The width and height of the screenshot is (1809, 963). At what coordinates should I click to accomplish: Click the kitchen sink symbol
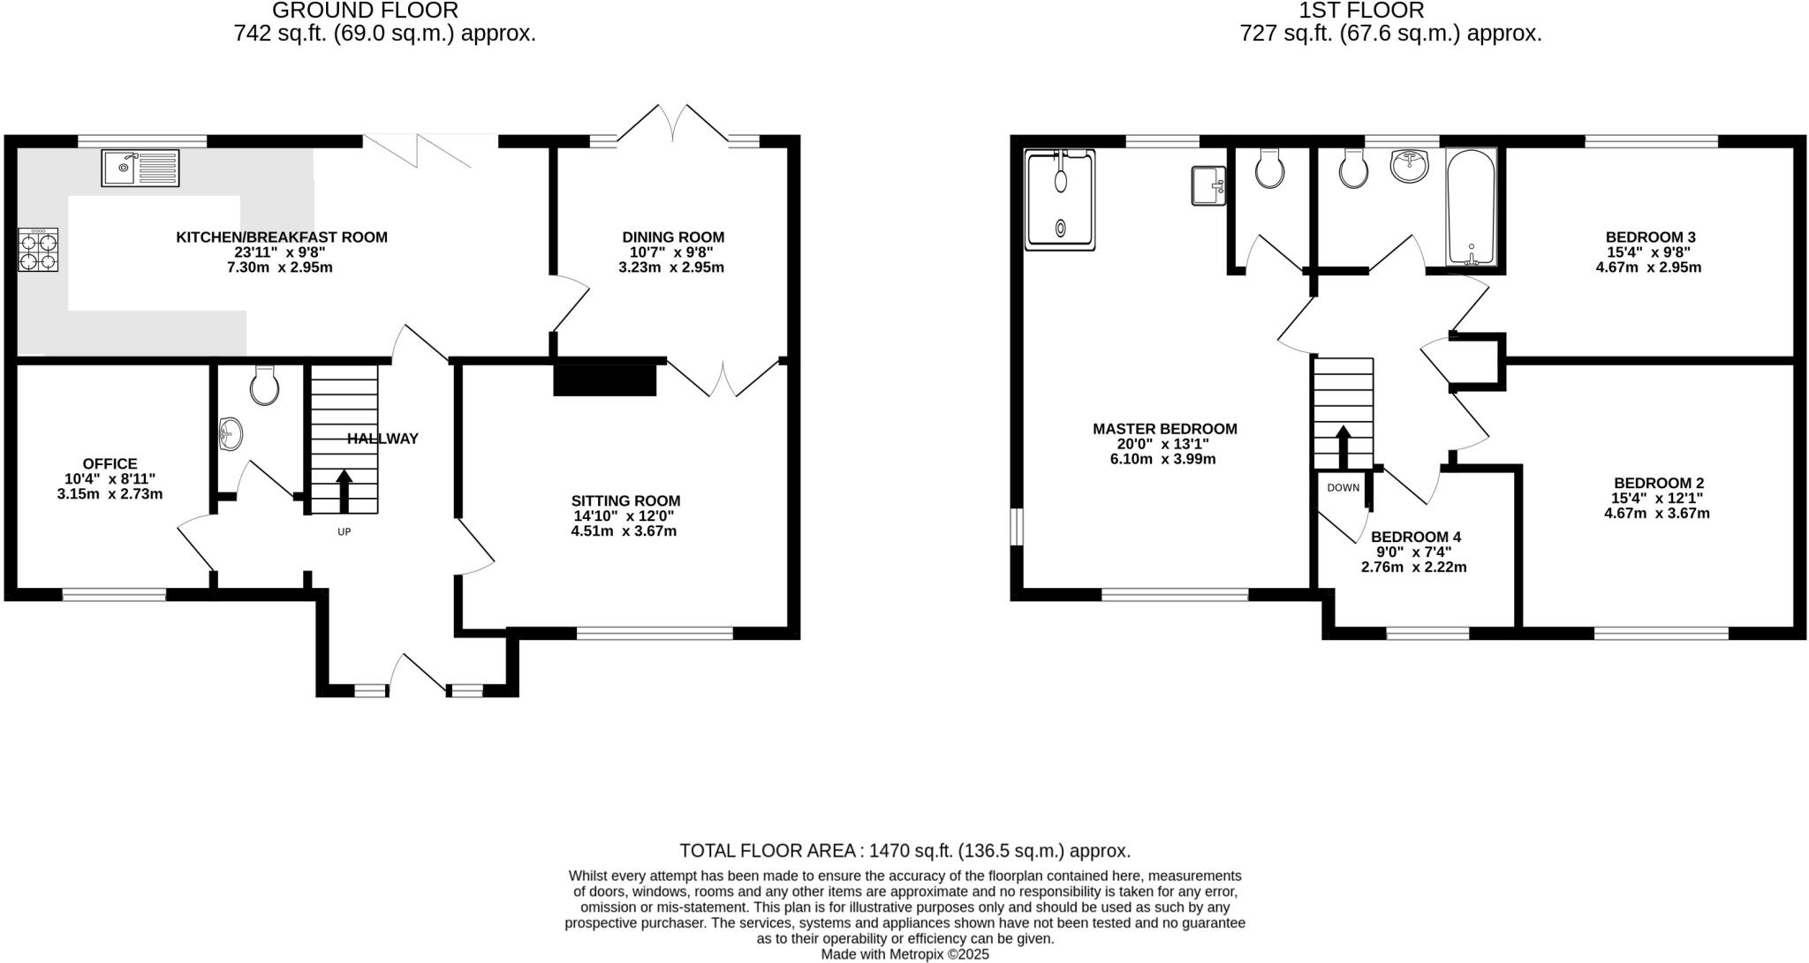click(140, 168)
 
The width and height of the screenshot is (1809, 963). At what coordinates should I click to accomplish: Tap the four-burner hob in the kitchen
click(38, 250)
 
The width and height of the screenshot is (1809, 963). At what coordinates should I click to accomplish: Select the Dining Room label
click(673, 237)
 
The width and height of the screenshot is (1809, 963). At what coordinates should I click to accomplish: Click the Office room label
click(110, 463)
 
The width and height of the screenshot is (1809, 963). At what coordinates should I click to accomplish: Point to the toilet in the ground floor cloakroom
click(264, 385)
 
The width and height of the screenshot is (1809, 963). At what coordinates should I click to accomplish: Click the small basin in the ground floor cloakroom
click(231, 433)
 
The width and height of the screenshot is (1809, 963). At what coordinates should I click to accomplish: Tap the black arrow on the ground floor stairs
click(344, 490)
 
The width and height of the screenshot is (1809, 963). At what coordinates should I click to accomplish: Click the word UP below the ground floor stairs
click(344, 532)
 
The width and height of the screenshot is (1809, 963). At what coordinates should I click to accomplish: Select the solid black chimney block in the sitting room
click(605, 380)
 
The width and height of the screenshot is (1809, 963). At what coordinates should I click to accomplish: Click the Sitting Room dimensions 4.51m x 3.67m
click(624, 531)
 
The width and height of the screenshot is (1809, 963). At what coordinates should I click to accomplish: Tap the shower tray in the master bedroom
click(1060, 200)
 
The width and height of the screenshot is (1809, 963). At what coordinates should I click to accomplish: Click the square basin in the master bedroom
click(1208, 185)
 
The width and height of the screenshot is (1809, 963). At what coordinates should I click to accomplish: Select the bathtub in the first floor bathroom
click(1471, 208)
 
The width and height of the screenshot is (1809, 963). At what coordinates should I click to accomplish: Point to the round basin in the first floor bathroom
click(1410, 166)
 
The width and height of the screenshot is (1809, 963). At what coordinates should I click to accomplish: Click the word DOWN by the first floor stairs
click(1343, 487)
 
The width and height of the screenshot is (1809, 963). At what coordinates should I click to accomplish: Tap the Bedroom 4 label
click(1416, 537)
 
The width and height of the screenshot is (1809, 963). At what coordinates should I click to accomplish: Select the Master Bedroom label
click(1164, 429)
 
